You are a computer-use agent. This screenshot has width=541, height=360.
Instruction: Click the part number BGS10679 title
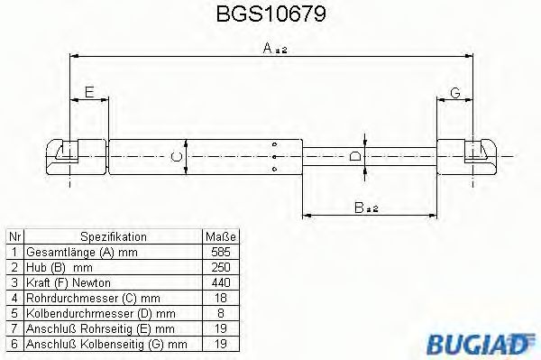coord(270,14)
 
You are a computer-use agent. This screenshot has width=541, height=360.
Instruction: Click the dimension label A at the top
coord(269,51)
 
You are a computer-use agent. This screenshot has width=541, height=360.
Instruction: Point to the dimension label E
coord(88,91)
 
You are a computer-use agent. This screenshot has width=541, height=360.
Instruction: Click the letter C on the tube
coord(178,157)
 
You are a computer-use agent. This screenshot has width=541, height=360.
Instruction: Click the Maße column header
coord(220,237)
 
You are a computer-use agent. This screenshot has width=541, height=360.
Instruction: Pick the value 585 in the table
coord(220,252)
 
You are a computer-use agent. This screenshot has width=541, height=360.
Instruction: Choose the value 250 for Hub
coord(220,267)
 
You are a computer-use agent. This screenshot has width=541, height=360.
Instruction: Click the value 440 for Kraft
coord(220,282)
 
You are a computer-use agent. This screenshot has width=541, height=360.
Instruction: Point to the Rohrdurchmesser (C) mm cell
coord(93,298)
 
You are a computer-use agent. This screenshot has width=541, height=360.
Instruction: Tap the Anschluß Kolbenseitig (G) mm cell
coord(106,344)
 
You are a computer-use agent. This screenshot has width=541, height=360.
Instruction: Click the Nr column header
coord(14,237)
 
